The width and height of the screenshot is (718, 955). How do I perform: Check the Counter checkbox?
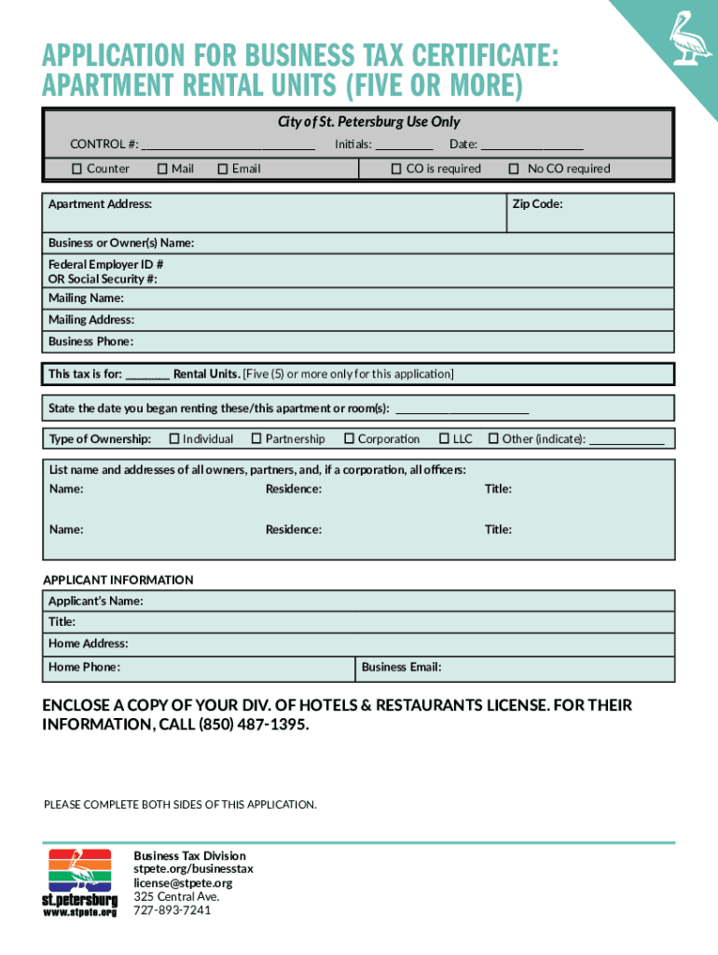coord(78,169)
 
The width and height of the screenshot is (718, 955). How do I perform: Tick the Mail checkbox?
coord(162,169)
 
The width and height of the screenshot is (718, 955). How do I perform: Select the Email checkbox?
coord(223,169)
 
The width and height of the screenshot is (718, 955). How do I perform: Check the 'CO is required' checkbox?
coord(396,169)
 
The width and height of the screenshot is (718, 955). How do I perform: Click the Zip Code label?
coord(536,203)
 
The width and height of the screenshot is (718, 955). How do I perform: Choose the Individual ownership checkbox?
coord(173,438)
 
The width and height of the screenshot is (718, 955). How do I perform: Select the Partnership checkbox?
coord(255,438)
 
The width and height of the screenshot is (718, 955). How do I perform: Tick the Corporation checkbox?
coord(349,438)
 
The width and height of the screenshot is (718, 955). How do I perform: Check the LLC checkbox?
coord(444,438)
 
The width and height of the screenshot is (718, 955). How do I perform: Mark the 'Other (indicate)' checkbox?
coord(493,438)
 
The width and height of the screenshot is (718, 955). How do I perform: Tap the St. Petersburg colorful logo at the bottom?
coord(80,882)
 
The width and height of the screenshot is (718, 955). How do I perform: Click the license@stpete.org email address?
coord(183,883)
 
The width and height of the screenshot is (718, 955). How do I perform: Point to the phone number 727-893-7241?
coord(173,910)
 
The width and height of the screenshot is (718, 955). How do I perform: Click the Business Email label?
coord(401,667)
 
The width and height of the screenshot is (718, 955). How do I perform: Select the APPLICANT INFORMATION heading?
coord(118,580)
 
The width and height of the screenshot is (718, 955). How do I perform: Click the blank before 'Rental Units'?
coord(147,375)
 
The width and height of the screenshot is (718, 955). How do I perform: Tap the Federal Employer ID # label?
coord(106,264)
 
